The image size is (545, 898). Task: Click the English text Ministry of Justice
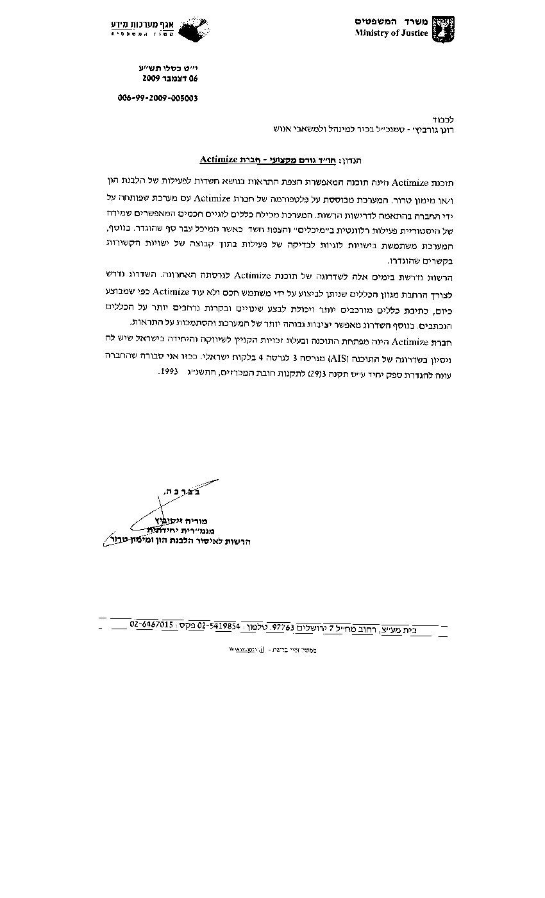(391, 33)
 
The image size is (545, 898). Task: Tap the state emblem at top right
(442, 29)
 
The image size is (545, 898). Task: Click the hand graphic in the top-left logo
(192, 31)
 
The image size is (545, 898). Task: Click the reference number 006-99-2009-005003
(158, 98)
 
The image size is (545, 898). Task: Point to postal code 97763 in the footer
(282, 627)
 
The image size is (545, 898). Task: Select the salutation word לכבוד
(442, 119)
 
